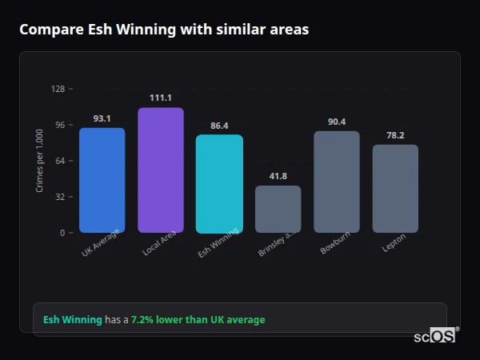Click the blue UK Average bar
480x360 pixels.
(x=102, y=180)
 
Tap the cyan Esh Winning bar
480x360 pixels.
(x=219, y=183)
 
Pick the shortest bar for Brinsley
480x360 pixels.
(x=278, y=209)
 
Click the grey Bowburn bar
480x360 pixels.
(x=336, y=182)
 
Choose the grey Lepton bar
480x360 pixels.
(x=395, y=188)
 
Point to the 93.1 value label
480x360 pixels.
(x=102, y=118)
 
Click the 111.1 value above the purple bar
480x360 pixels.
(x=160, y=98)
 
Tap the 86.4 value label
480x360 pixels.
(x=219, y=126)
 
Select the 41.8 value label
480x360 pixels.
(x=278, y=176)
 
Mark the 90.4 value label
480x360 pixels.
(x=337, y=122)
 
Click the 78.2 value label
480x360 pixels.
(x=395, y=135)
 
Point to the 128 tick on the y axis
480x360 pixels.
(x=58, y=89)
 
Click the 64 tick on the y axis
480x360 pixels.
(x=60, y=161)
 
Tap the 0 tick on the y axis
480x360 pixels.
(x=62, y=233)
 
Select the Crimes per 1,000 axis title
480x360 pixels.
(x=40, y=160)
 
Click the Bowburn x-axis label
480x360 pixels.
(x=334, y=245)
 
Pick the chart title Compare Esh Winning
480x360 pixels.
(x=164, y=29)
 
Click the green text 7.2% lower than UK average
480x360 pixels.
(x=198, y=320)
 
